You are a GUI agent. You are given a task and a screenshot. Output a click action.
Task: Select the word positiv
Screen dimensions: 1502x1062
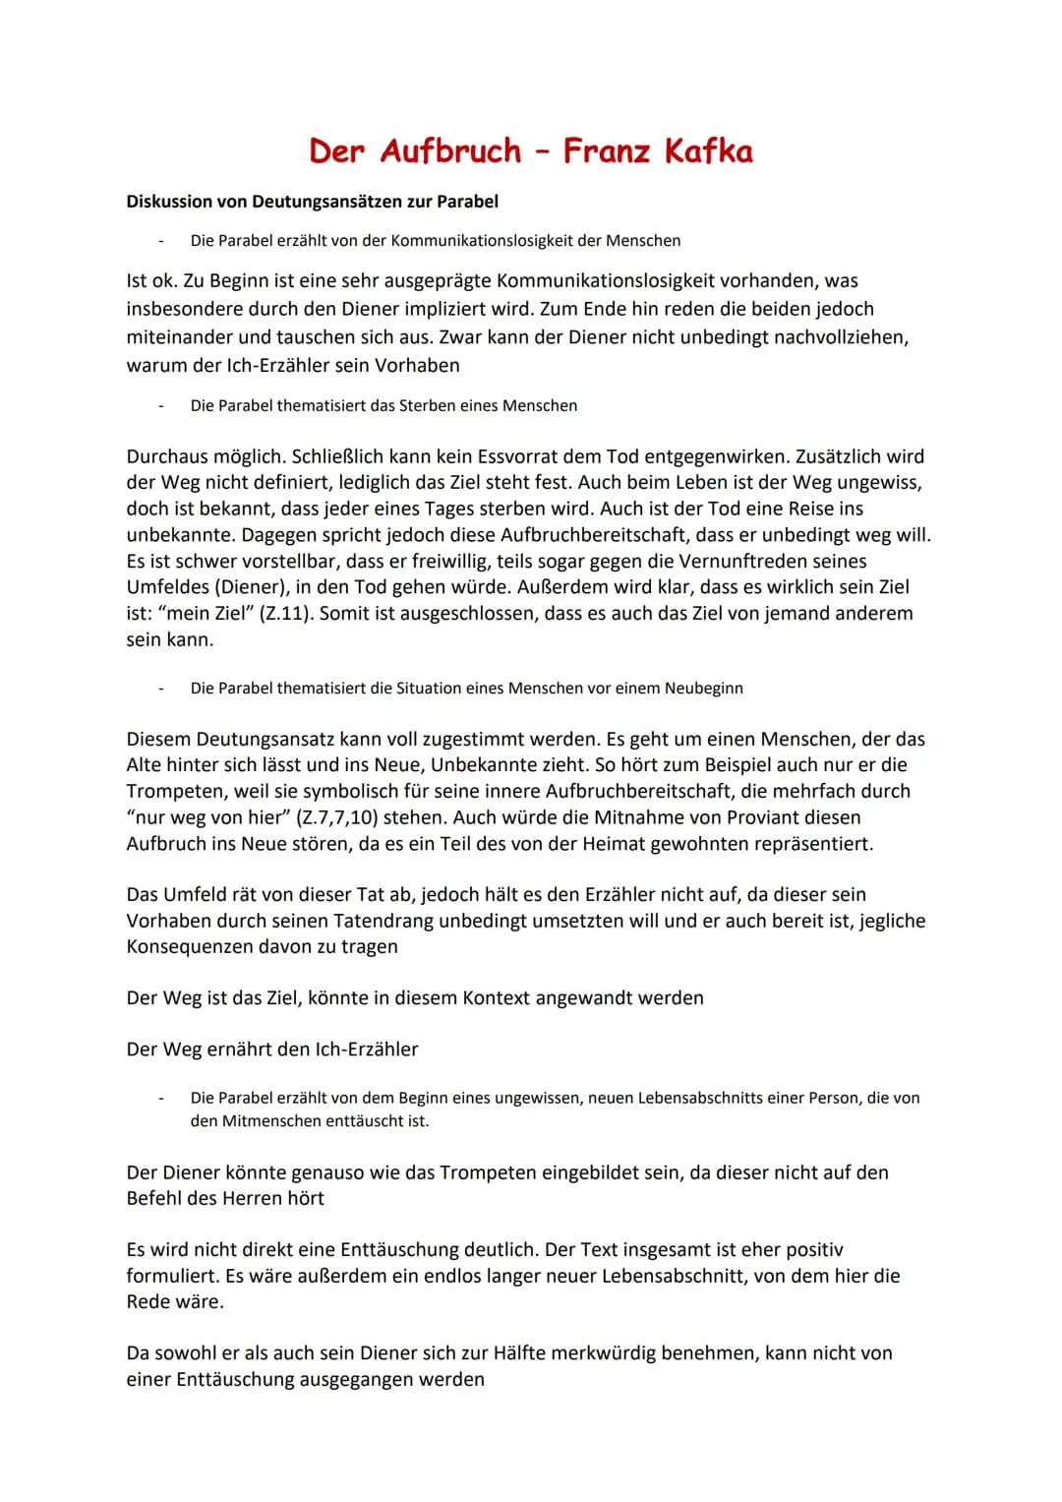pyautogui.click(x=810, y=1250)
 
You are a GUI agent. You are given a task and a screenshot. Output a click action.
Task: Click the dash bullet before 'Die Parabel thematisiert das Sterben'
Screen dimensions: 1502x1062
pyautogui.click(x=160, y=406)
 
